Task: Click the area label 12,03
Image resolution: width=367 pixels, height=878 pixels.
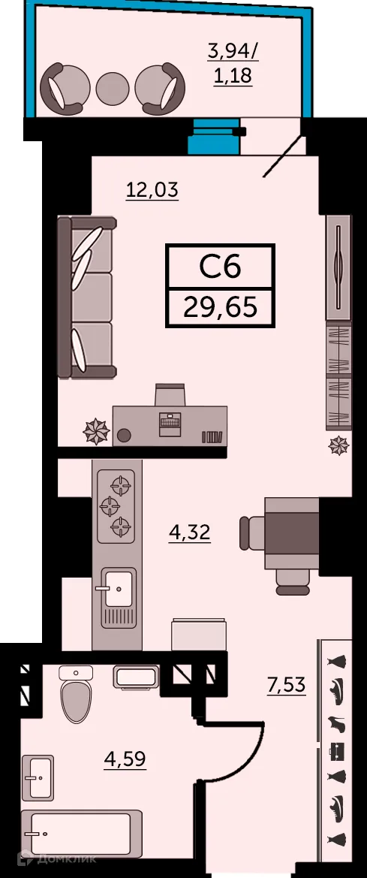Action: click(152, 190)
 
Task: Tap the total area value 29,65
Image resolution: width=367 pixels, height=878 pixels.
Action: click(221, 306)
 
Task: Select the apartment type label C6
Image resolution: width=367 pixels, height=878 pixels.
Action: click(220, 267)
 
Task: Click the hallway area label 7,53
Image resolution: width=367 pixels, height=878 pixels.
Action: click(287, 684)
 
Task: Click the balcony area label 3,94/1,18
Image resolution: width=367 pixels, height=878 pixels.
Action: click(230, 64)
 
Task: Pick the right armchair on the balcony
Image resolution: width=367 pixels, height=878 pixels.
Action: click(161, 86)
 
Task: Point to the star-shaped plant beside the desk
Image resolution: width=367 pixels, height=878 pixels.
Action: click(96, 431)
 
